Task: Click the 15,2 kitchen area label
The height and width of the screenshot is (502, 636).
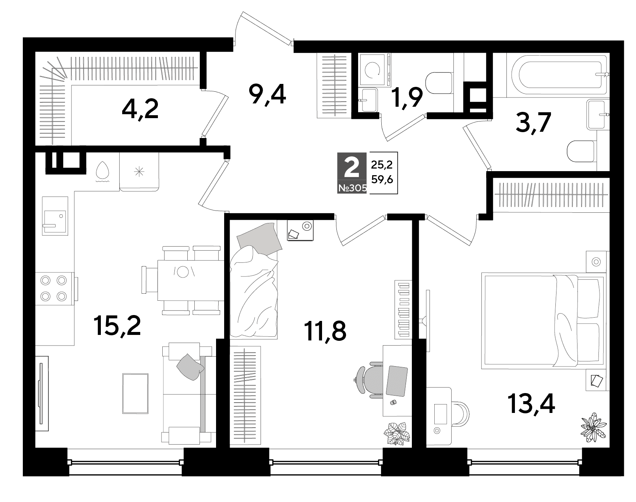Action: coord(117,326)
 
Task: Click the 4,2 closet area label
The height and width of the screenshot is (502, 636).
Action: coord(140,109)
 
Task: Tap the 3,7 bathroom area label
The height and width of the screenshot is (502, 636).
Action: coord(533,123)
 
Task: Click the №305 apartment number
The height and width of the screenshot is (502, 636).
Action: coord(352,188)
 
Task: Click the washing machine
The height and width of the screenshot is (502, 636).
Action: coord(374,70)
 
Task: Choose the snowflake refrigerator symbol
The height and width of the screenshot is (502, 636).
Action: coord(139,171)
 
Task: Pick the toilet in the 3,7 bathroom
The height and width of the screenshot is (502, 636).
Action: coord(581,151)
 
